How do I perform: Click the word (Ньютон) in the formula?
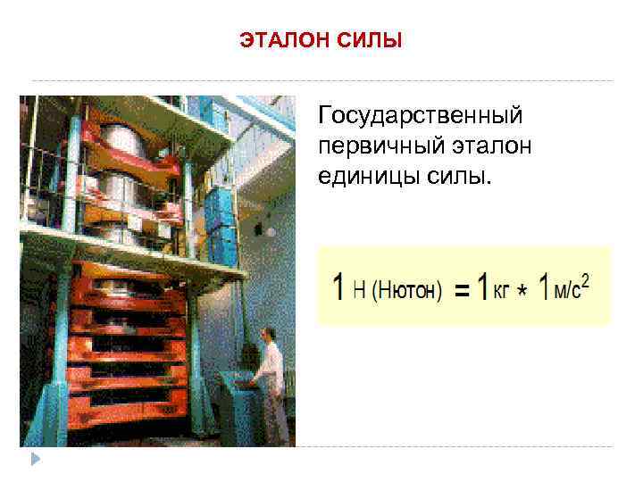(x=406, y=290)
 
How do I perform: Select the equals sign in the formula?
(x=462, y=291)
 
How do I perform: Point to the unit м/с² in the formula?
(x=572, y=288)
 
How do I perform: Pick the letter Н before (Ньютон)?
(x=357, y=290)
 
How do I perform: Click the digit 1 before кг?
(x=481, y=287)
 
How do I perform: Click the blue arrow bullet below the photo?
(x=35, y=459)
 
